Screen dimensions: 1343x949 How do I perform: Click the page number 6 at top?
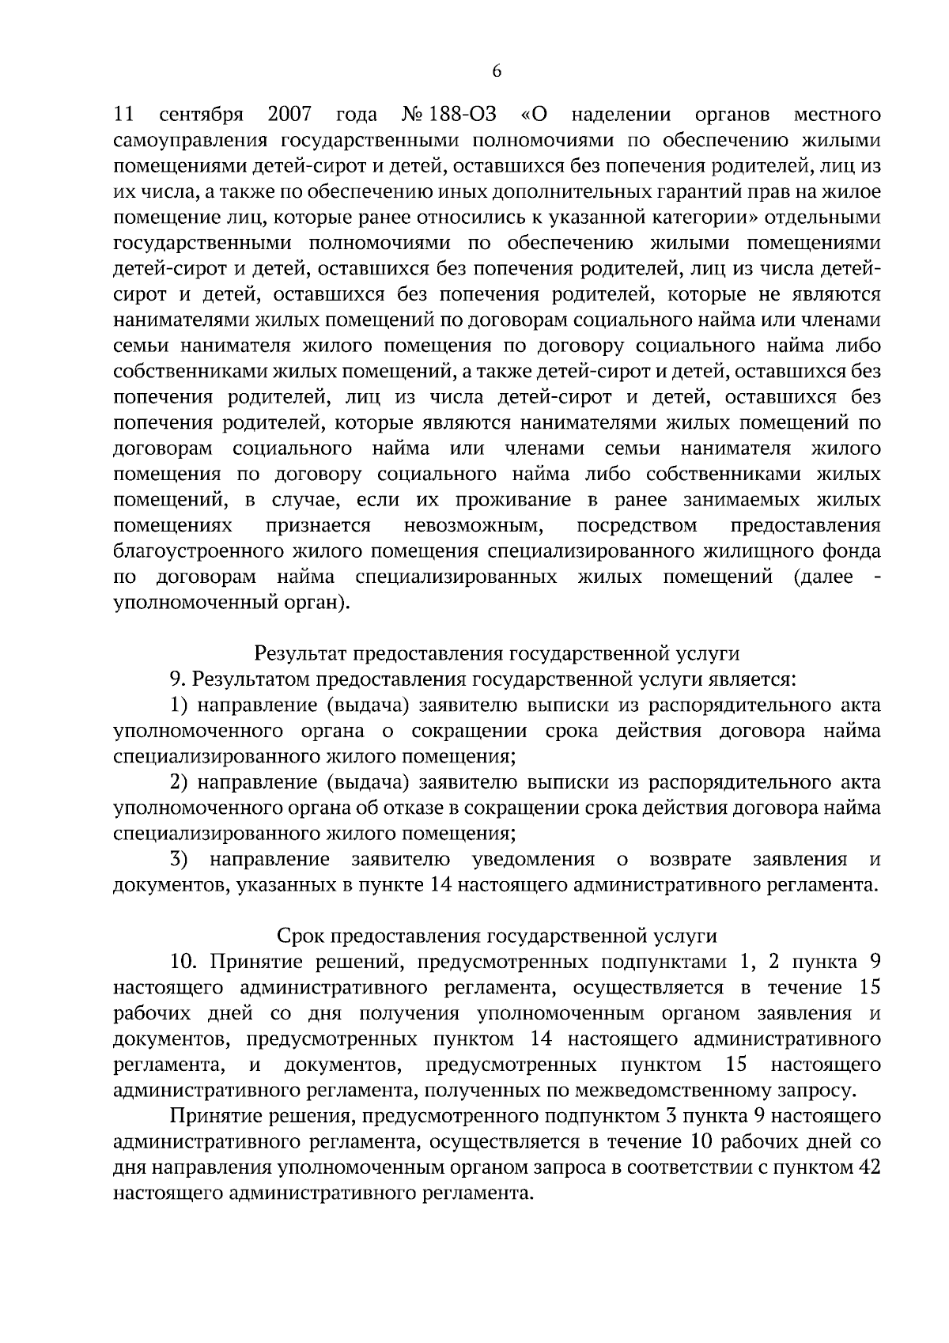[x=497, y=72]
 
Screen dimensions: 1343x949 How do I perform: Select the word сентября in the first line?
[x=201, y=115]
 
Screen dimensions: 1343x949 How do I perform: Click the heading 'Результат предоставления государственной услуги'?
[x=497, y=653]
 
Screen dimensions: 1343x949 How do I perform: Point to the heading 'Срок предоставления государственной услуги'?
[x=497, y=936]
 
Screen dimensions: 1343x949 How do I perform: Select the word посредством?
[x=637, y=526]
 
